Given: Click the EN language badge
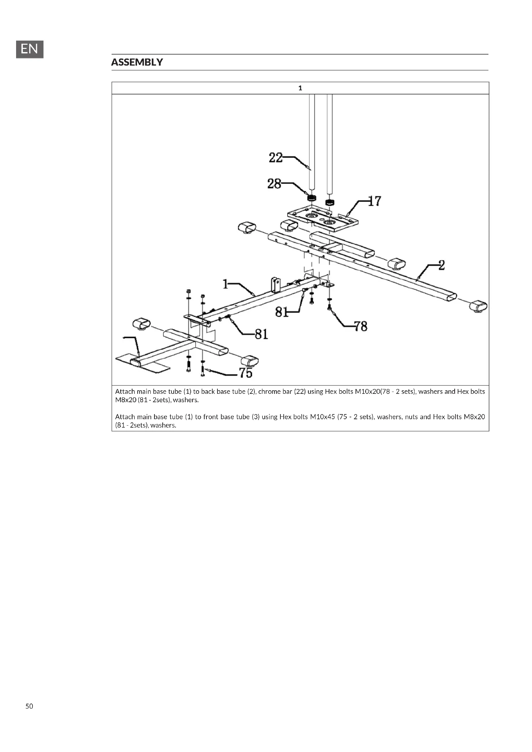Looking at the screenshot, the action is click(30, 49).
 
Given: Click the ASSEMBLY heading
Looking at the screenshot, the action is click(137, 62).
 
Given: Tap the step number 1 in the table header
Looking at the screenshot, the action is click(300, 88).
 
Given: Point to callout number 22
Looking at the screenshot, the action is click(276, 158).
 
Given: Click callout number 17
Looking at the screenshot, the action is click(374, 201).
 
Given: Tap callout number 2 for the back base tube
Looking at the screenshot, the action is click(442, 265).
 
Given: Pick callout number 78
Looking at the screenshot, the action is click(361, 326).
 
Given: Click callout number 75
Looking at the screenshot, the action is click(246, 373).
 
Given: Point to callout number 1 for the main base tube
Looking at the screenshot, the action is click(225, 284).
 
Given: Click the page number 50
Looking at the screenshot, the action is click(29, 706).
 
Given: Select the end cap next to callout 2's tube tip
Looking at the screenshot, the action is click(478, 307).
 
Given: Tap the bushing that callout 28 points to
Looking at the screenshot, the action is click(311, 198).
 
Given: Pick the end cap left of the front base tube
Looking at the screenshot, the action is click(142, 324).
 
